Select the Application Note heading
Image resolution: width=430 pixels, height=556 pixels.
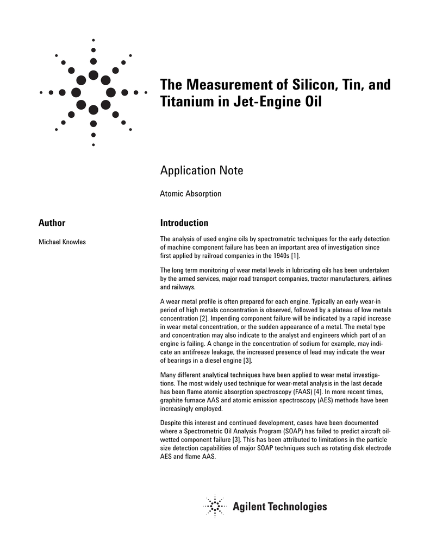pos(202,170)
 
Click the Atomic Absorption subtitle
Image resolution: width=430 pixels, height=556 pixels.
pos(190,193)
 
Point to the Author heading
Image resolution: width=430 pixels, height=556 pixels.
pos(52,223)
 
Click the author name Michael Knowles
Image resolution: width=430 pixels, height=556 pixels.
pos(62,242)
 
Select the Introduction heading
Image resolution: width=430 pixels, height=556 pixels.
pos(184,223)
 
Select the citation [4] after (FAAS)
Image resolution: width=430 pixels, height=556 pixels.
pos(359,392)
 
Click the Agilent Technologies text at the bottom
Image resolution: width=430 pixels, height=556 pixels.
pos(280,507)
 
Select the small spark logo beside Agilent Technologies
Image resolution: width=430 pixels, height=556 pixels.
pos(215,507)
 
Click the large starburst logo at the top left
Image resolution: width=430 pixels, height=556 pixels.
pos(94,92)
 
